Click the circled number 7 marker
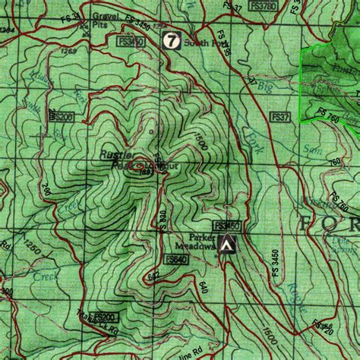[x=172, y=40]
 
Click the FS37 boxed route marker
[x=280, y=117]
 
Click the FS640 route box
[x=175, y=260]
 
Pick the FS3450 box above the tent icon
[x=227, y=226]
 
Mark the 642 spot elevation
[x=153, y=277]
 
